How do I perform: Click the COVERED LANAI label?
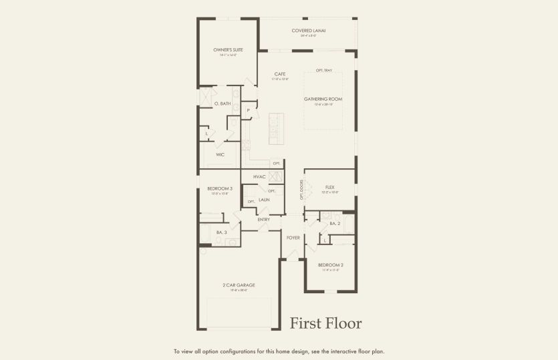tap(308, 30)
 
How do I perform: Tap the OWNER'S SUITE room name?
tap(228, 50)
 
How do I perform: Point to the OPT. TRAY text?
tap(323, 70)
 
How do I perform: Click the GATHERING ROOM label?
tap(323, 99)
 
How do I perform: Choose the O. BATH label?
tap(223, 104)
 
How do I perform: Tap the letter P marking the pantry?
tap(248, 110)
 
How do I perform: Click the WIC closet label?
tap(220, 154)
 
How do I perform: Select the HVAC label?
tap(259, 176)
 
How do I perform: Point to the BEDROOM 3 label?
tap(219, 188)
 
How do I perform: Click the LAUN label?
tap(264, 200)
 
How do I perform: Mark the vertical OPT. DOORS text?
tap(301, 189)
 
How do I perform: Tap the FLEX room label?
tap(329, 187)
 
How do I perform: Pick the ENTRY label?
tap(264, 219)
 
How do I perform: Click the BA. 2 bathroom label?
tap(335, 224)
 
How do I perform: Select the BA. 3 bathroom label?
tap(221, 232)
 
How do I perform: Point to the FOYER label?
tap(293, 237)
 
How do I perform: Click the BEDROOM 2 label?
tap(330, 264)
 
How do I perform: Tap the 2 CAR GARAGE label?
tap(239, 285)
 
